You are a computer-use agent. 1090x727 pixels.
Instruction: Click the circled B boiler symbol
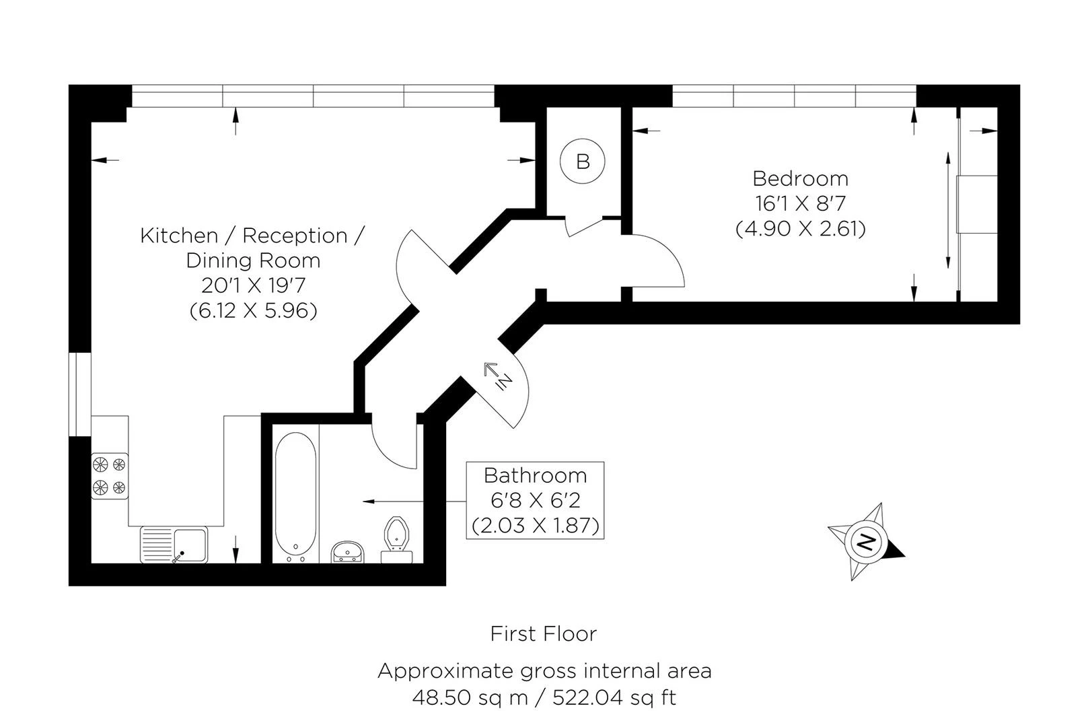coord(582,161)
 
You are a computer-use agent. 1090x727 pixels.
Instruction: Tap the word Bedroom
coord(801,178)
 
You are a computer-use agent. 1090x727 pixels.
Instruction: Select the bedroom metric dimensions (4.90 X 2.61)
coord(801,228)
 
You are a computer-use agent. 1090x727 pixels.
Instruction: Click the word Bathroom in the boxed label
coord(536,475)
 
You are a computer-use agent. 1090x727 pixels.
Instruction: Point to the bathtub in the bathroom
coord(295,497)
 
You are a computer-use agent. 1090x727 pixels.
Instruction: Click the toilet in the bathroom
coord(396,539)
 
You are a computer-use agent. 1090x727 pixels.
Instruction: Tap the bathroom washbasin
coord(347,552)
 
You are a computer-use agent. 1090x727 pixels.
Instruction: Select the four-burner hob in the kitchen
coord(110,476)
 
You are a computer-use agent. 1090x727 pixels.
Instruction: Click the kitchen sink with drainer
coord(174,545)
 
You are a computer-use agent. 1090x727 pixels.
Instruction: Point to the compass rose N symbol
coord(866,541)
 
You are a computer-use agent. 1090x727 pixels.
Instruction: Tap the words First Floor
coord(543,634)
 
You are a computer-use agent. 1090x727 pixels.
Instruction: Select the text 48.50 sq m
coord(470,698)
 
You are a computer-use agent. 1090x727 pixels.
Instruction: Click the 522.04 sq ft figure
coord(614,698)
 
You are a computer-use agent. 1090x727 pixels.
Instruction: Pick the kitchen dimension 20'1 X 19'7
coord(253,285)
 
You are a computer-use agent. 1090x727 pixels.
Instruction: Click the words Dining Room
coord(253,261)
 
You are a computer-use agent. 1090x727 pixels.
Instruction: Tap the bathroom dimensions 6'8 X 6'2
coord(536,500)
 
